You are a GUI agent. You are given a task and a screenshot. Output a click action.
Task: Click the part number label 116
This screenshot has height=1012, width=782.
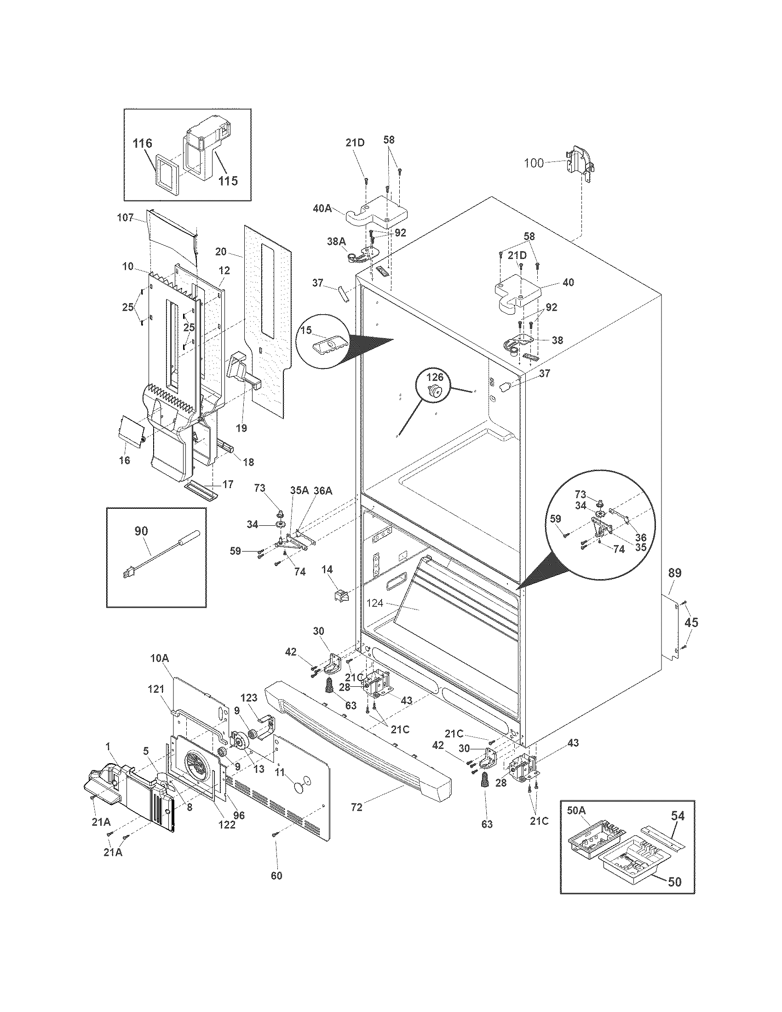142,144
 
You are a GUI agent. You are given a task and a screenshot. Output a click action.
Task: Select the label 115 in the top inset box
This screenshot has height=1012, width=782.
228,180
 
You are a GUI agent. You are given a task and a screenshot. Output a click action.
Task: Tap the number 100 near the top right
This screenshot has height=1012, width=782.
534,163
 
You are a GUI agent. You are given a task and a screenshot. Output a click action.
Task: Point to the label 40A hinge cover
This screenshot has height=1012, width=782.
322,208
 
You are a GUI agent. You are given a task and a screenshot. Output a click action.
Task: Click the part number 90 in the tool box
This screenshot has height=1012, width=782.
141,531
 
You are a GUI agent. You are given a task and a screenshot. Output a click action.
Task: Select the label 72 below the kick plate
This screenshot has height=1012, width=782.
356,807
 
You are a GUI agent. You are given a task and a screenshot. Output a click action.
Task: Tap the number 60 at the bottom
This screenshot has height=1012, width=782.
276,875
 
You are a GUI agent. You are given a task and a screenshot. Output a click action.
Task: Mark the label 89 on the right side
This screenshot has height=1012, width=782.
675,573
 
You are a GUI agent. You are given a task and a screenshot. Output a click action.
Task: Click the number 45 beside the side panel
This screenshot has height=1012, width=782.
691,623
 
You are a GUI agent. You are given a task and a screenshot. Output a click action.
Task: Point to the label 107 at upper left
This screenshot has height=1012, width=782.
126,217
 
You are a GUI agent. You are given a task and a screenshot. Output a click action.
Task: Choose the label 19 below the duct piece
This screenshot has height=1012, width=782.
241,428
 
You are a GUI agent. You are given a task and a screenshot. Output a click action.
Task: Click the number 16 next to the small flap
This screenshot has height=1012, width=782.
124,460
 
